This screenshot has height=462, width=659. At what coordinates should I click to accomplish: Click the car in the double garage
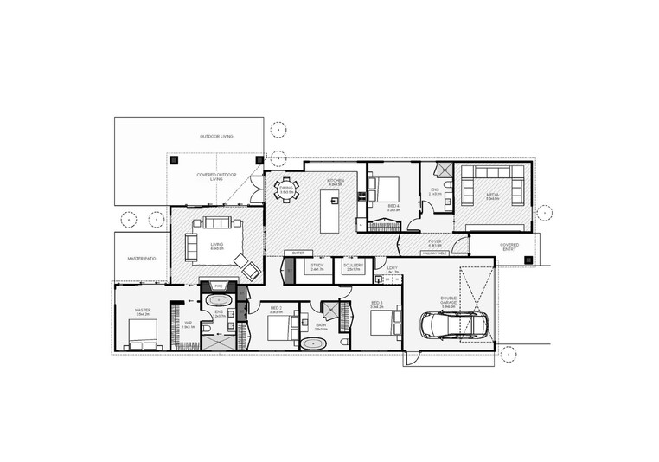pyautogui.click(x=452, y=324)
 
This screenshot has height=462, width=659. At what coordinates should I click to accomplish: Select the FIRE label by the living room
pyautogui.click(x=219, y=285)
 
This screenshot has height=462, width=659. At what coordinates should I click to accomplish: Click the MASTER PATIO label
pyautogui.click(x=141, y=259)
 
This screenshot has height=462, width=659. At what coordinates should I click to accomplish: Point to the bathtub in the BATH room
pyautogui.click(x=312, y=343)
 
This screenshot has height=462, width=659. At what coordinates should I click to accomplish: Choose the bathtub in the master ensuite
pyautogui.click(x=214, y=300)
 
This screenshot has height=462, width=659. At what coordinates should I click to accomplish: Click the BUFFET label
pyautogui.click(x=297, y=253)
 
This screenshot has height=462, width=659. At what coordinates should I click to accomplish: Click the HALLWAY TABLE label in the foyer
pyautogui.click(x=433, y=253)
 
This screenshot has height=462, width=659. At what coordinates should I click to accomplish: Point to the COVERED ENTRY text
pyautogui.click(x=509, y=247)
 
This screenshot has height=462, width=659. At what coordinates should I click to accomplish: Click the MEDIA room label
pyautogui.click(x=492, y=195)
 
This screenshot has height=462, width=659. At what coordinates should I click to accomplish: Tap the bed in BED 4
pyautogui.click(x=385, y=187)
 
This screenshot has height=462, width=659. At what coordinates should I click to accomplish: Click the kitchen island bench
pyautogui.click(x=329, y=213)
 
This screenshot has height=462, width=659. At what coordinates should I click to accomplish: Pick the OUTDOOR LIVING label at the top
pyautogui.click(x=216, y=137)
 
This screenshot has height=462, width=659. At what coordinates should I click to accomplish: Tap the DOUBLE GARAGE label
pyautogui.click(x=448, y=303)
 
